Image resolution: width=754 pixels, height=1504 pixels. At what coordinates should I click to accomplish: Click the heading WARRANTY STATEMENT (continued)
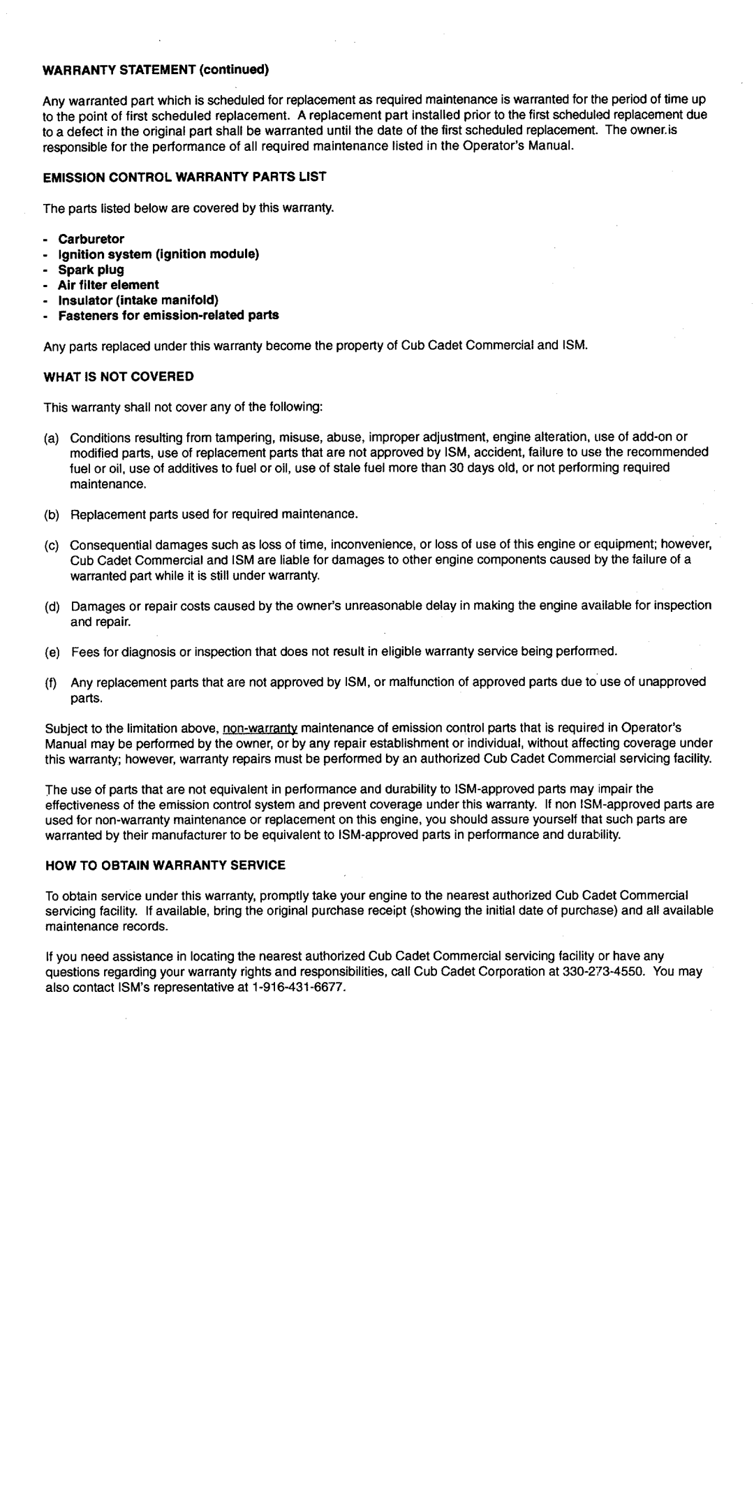(156, 70)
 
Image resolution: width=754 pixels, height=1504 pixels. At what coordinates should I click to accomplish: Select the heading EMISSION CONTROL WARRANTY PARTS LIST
(185, 177)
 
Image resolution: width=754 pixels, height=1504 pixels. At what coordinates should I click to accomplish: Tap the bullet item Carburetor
(91, 239)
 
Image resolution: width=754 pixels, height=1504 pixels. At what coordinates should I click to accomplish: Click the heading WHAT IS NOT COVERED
(119, 376)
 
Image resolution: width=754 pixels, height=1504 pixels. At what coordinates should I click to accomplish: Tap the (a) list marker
(50, 437)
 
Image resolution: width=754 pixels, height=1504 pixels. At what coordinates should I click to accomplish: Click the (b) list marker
(50, 514)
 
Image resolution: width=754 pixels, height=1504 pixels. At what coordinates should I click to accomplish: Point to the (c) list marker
(50, 545)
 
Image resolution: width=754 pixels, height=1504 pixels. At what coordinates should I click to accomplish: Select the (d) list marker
(50, 606)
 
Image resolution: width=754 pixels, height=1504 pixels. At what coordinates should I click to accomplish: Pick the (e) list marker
(50, 651)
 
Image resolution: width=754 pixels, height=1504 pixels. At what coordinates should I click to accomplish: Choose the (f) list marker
(50, 682)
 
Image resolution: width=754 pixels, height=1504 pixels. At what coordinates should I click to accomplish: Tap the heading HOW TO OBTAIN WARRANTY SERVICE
(165, 864)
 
